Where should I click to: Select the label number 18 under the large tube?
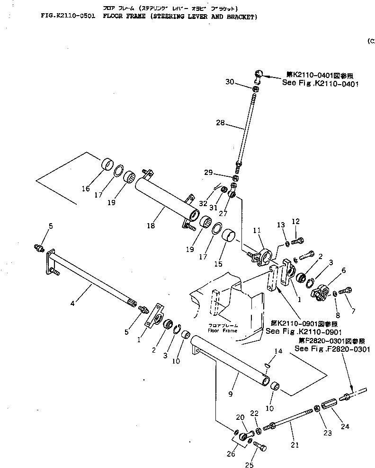tap(150, 226)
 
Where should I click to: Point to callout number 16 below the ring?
tap(86, 189)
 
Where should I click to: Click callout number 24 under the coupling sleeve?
tap(345, 426)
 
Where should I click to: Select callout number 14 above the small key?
tap(277, 352)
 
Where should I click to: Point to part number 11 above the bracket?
tap(257, 230)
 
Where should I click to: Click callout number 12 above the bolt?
tap(295, 221)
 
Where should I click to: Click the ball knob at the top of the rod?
tap(259, 73)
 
